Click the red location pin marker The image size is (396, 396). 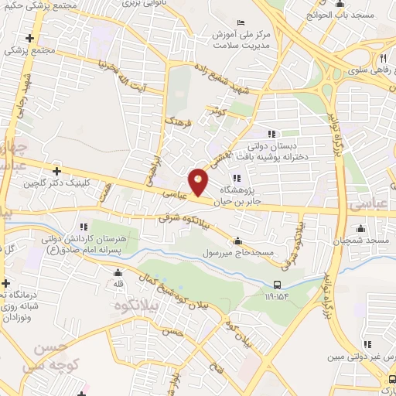click(199, 183)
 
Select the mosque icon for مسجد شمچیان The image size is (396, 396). click(360, 229)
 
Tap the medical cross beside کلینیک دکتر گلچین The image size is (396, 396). click(56, 171)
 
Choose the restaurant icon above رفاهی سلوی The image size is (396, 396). click(381, 60)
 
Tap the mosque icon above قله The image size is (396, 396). click(118, 272)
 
